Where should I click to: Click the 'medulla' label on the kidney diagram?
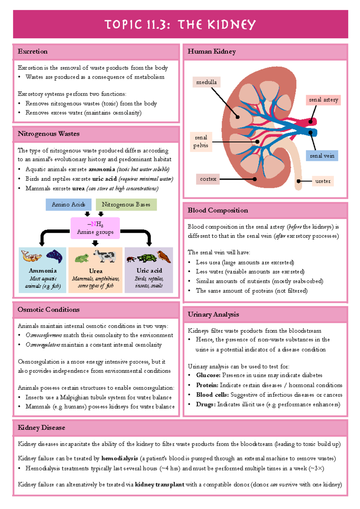click(x=206, y=82)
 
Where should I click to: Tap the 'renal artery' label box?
click(x=323, y=100)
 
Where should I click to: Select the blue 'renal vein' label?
click(x=322, y=156)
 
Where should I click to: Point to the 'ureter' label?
click(x=323, y=181)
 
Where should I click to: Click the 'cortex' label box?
click(x=208, y=179)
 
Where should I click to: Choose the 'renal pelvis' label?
click(x=201, y=141)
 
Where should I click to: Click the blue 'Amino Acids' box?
click(x=68, y=204)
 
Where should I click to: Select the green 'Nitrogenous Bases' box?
click(x=126, y=204)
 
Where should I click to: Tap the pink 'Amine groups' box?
click(x=95, y=228)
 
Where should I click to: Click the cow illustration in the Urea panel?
click(x=105, y=256)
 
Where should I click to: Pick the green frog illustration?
click(x=82, y=258)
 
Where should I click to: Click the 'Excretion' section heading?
click(x=33, y=52)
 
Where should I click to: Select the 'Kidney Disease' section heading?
click(x=41, y=428)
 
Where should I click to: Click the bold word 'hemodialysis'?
click(x=119, y=458)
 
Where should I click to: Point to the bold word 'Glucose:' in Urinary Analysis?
click(x=208, y=375)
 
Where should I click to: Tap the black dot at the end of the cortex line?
click(x=255, y=179)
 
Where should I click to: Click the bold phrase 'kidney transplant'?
click(x=160, y=484)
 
